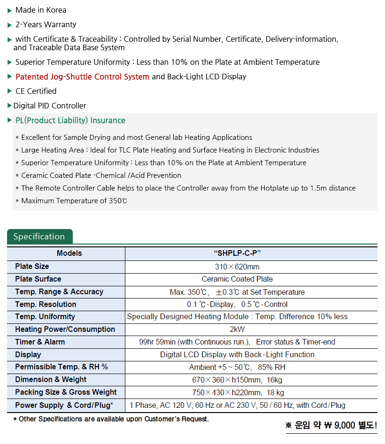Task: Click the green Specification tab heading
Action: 39,237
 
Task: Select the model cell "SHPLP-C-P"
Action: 237,253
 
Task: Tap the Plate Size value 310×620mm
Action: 237,267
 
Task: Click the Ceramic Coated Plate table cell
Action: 237,279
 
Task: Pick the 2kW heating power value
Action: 237,329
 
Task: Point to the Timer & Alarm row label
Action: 40,342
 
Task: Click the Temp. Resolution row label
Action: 46,304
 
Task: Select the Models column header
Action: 69,253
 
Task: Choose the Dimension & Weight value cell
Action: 237,380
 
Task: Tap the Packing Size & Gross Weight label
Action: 66,392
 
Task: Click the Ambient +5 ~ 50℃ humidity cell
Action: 237,367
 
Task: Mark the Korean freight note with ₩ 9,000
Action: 331,426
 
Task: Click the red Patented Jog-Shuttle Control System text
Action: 82,77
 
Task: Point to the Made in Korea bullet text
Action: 41,10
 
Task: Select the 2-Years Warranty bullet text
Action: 46,24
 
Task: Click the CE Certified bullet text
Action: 36,91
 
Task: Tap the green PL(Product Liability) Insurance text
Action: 70,121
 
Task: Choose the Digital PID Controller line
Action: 50,106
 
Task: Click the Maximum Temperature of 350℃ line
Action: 74,201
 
